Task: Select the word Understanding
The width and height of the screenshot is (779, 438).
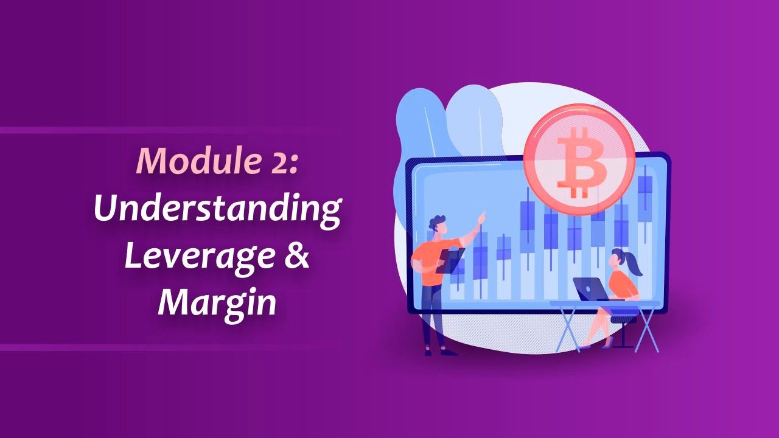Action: pos(217,208)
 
